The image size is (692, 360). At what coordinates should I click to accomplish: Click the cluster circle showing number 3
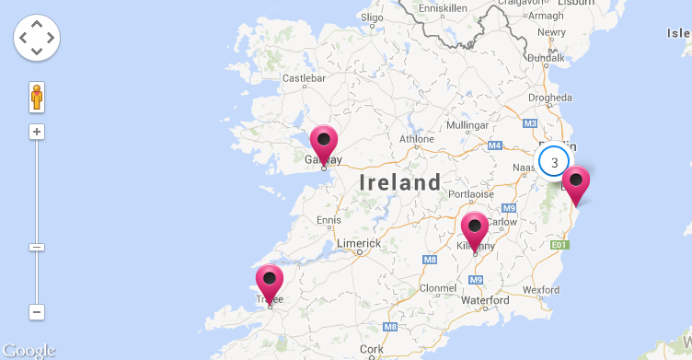coord(554,162)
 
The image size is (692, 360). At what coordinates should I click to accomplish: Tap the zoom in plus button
coord(37,132)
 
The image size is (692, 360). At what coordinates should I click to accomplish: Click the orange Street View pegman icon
coord(37,96)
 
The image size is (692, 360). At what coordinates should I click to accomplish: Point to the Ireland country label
coord(400,182)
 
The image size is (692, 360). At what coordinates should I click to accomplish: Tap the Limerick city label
coord(358,243)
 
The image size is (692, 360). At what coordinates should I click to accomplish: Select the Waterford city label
coord(485,301)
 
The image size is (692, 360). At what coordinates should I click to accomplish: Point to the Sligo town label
coord(372,17)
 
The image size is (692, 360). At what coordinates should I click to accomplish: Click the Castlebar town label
coord(306,79)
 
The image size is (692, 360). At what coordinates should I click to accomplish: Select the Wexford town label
coord(540,290)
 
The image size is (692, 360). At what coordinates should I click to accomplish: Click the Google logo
coord(29,351)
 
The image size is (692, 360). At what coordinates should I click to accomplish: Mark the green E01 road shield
coord(559,245)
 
